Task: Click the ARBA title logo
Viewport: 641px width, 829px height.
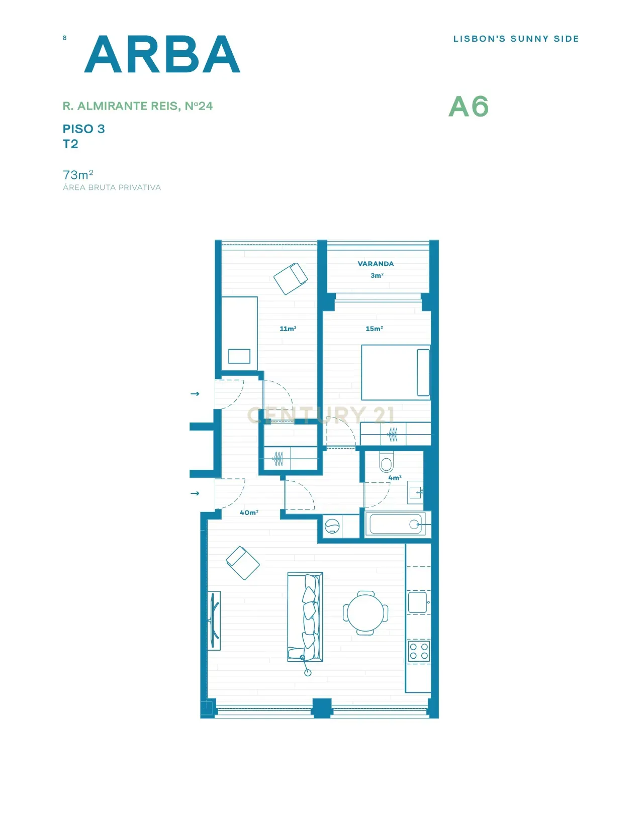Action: pos(162,54)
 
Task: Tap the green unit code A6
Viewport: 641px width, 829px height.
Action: pos(468,107)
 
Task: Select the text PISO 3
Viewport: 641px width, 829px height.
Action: pos(83,129)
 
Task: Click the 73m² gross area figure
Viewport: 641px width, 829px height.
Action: pos(78,175)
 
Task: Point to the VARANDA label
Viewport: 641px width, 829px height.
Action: pos(376,264)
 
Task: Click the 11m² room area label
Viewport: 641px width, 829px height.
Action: pos(288,329)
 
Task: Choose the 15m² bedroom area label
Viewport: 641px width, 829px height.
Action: pos(374,329)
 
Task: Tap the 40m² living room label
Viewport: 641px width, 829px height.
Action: pos(249,512)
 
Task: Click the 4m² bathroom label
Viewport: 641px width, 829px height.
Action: pos(395,478)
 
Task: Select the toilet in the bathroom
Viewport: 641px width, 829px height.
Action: pos(386,462)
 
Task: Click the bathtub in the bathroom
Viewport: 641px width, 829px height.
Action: pos(396,525)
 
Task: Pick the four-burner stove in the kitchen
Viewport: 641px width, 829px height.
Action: pos(418,651)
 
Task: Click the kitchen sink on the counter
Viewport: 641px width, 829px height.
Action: pos(417,602)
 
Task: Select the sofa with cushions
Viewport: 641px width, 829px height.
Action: pos(305,616)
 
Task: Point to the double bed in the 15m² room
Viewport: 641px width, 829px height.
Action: pos(396,372)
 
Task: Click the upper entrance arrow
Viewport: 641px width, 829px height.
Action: pos(195,394)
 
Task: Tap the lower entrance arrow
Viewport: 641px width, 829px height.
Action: pos(195,493)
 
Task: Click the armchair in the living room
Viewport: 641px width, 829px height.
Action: pos(243,563)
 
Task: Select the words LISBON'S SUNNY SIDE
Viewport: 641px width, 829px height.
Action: pos(516,39)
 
